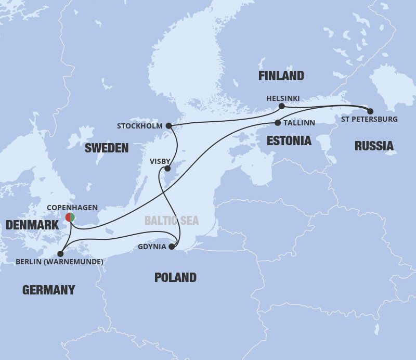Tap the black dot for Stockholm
[168, 126]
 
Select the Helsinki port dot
[281, 106]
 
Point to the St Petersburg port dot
[370, 111]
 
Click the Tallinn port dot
[277, 123]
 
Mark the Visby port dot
[167, 169]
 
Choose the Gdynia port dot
[172, 247]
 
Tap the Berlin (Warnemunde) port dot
[61, 254]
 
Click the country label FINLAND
[281, 76]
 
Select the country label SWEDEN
[106, 148]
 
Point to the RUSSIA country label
[374, 146]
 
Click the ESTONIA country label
[289, 140]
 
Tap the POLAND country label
[175, 277]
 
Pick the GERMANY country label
[48, 290]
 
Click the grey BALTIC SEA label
[172, 221]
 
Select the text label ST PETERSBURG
[370, 120]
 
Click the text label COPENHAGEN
[72, 207]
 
